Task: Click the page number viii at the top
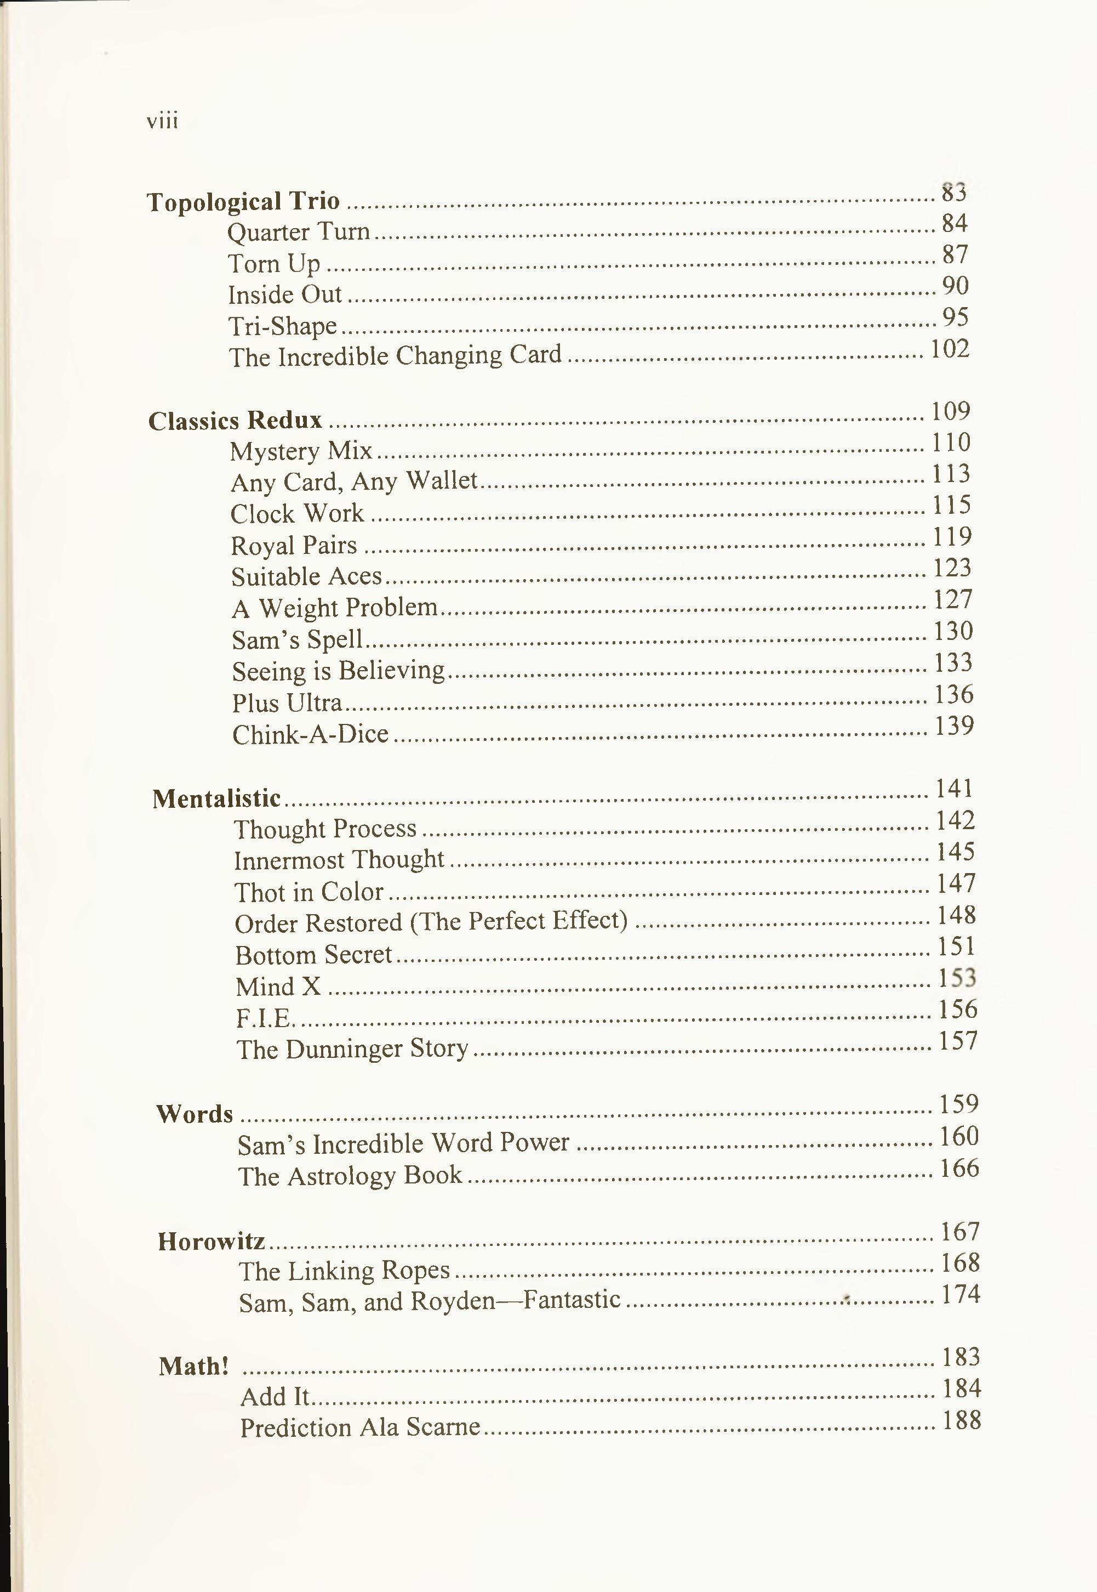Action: coord(162,122)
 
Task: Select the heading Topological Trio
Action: coord(243,201)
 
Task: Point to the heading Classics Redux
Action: coord(235,420)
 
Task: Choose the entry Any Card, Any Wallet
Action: coord(354,481)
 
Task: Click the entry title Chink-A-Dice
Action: coord(311,734)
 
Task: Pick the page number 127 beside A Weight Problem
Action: coord(953,599)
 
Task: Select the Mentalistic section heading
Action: coord(216,798)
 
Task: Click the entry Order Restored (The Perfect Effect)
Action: coord(431,922)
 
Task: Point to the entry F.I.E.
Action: coord(265,1018)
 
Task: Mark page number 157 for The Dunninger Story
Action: coord(957,1041)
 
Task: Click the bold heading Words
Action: coord(195,1114)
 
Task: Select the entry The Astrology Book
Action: coord(350,1175)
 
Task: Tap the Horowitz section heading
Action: coord(211,1241)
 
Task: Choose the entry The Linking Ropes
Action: coord(344,1271)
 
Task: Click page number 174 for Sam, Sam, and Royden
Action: coord(960,1294)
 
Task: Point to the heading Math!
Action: coord(193,1366)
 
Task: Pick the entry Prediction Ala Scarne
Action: coord(359,1427)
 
